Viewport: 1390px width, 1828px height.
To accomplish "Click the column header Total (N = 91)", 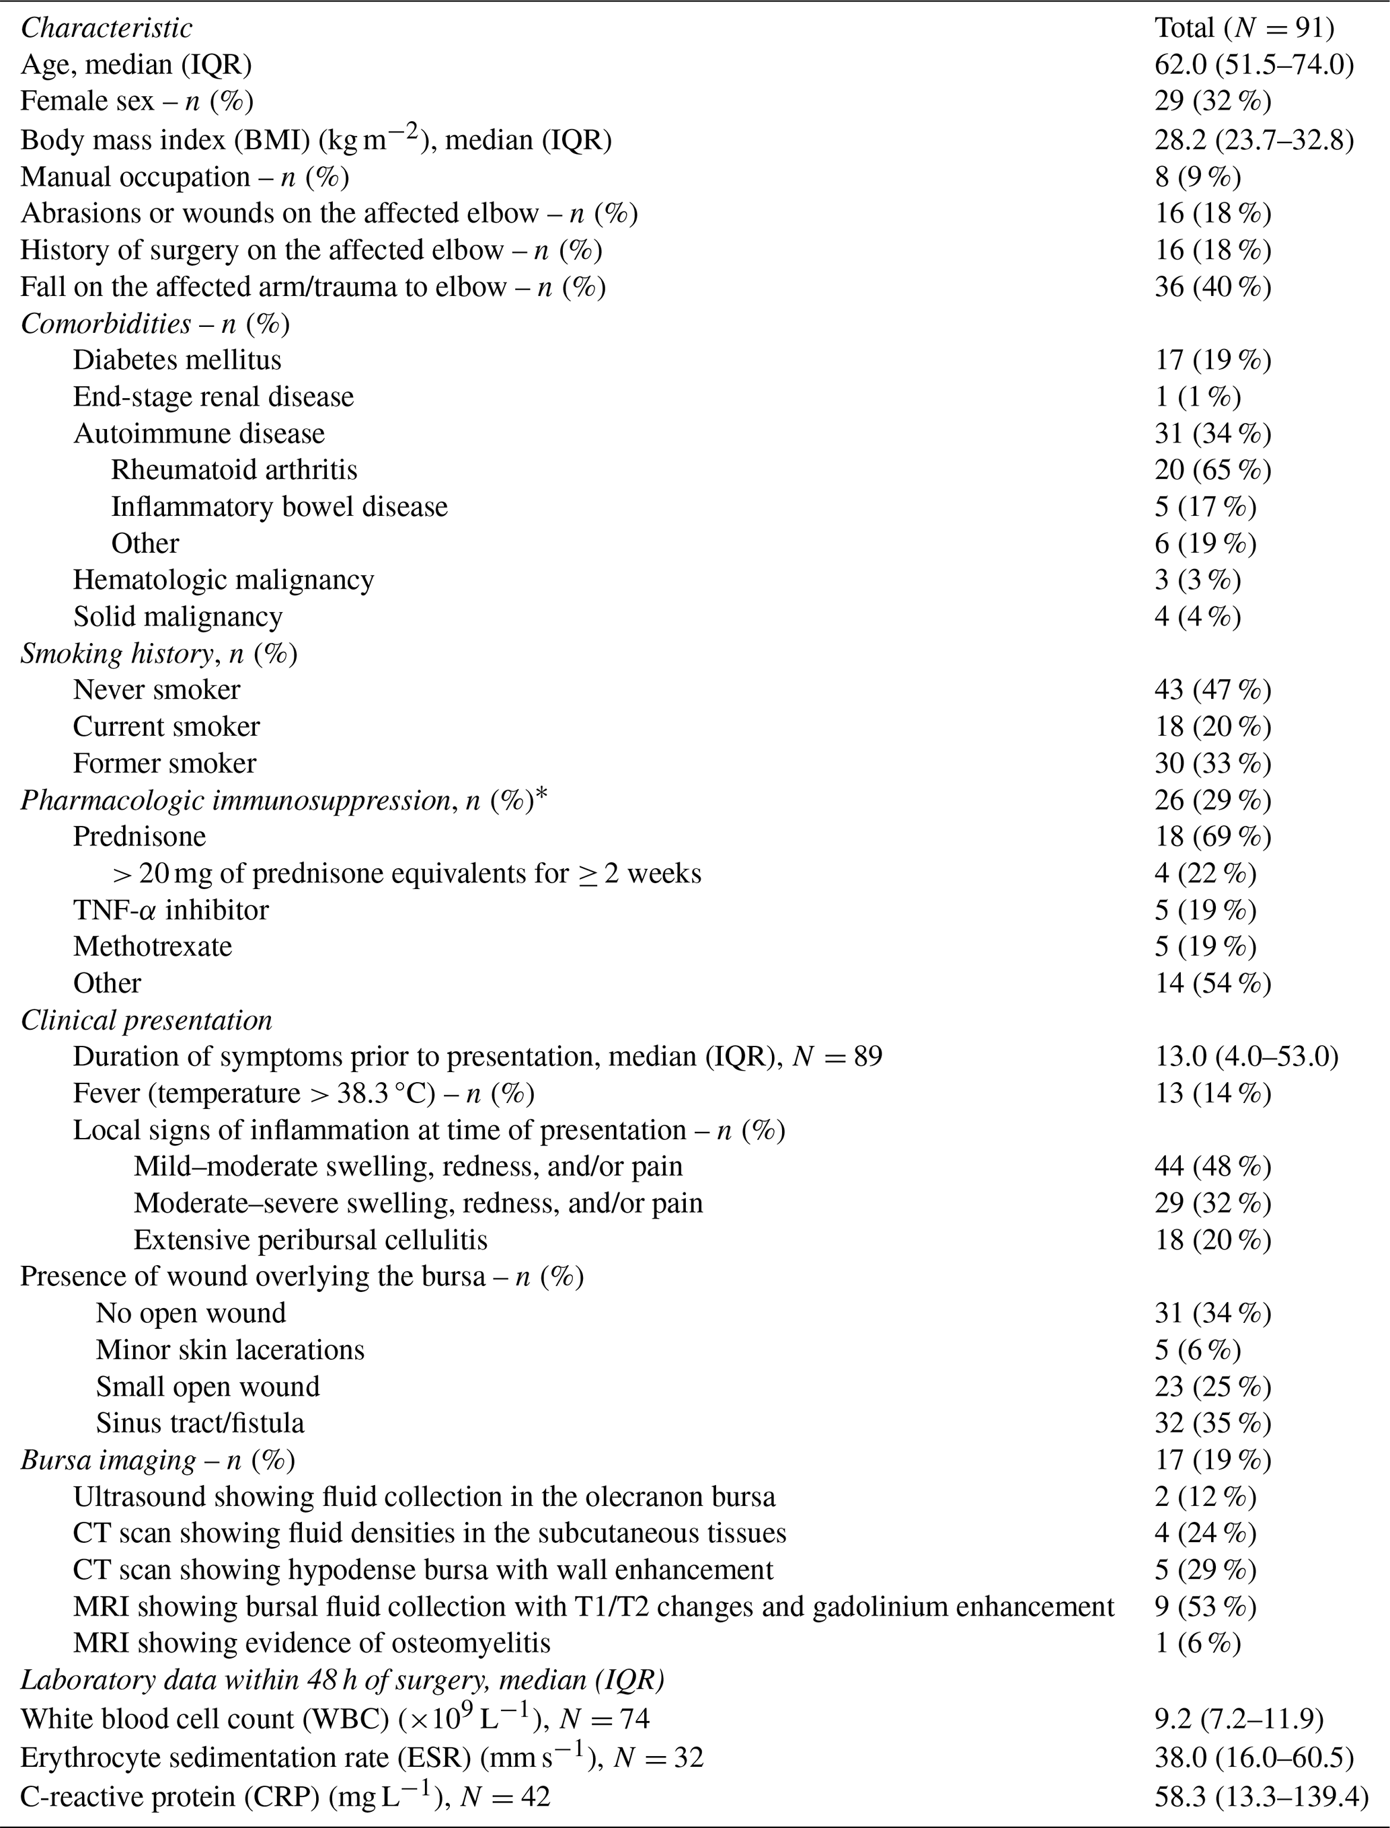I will [x=1244, y=28].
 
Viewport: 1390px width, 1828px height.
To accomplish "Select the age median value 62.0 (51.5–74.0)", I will [x=1254, y=65].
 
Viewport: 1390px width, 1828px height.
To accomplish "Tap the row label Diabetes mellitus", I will [x=177, y=360].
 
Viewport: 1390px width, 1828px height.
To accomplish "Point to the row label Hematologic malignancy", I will [x=223, y=580].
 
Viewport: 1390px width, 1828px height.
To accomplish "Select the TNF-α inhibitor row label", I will [x=170, y=910].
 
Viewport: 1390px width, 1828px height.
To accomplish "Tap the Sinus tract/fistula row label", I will [x=200, y=1423].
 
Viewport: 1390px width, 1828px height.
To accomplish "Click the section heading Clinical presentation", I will [x=147, y=1020].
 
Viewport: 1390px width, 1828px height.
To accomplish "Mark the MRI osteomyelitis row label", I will [x=312, y=1642].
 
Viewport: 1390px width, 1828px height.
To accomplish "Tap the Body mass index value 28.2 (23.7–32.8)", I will [x=1254, y=140].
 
